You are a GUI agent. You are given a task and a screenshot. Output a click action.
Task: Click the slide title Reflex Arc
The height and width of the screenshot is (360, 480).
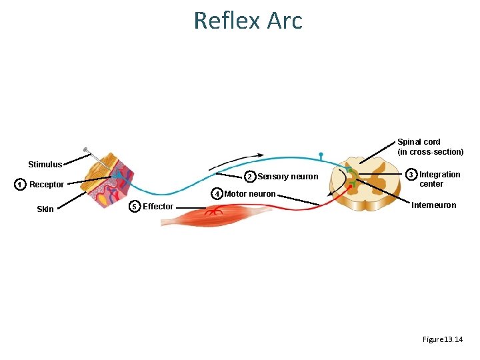248,20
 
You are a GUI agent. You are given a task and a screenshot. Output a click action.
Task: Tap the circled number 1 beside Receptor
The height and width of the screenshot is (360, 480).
21,185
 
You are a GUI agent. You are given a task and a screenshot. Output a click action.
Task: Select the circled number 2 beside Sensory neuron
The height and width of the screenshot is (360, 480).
249,177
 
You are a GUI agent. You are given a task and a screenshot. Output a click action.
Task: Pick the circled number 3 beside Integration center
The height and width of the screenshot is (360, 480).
412,175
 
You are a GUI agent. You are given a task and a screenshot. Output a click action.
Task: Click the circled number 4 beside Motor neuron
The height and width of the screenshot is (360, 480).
217,194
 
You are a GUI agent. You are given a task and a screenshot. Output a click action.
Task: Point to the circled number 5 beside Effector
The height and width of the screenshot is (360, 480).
135,207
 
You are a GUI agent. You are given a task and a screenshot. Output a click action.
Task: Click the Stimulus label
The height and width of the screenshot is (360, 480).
45,165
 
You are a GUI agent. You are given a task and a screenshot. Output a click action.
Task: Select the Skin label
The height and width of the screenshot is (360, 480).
45,209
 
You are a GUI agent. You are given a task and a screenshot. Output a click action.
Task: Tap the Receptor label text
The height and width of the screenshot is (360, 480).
47,185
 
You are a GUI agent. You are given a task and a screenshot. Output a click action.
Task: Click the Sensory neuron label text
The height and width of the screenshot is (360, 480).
288,177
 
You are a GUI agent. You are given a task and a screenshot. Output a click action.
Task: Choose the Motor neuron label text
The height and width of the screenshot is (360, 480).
250,194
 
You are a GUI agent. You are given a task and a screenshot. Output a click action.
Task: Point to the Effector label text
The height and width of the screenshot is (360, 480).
158,207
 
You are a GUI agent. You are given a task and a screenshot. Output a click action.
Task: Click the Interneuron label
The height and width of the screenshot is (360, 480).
434,205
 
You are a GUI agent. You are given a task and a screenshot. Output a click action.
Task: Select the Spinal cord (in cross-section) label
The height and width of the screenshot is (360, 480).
430,147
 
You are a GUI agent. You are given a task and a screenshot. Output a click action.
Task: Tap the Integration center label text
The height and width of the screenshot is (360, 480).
439,179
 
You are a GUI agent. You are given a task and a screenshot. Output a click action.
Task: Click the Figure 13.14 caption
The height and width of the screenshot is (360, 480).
442,339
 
